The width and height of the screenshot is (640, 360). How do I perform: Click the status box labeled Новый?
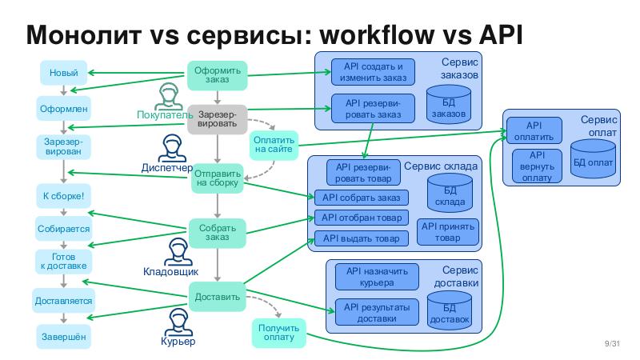63,74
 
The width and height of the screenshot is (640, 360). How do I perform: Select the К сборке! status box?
63,195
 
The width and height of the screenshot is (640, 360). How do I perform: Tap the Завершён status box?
63,337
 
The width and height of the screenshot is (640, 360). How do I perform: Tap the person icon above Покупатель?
167,96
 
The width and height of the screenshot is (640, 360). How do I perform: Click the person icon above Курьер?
177,323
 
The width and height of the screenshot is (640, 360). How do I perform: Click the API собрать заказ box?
361,198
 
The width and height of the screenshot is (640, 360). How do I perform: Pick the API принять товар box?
448,232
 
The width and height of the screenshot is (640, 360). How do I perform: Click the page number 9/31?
613,344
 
